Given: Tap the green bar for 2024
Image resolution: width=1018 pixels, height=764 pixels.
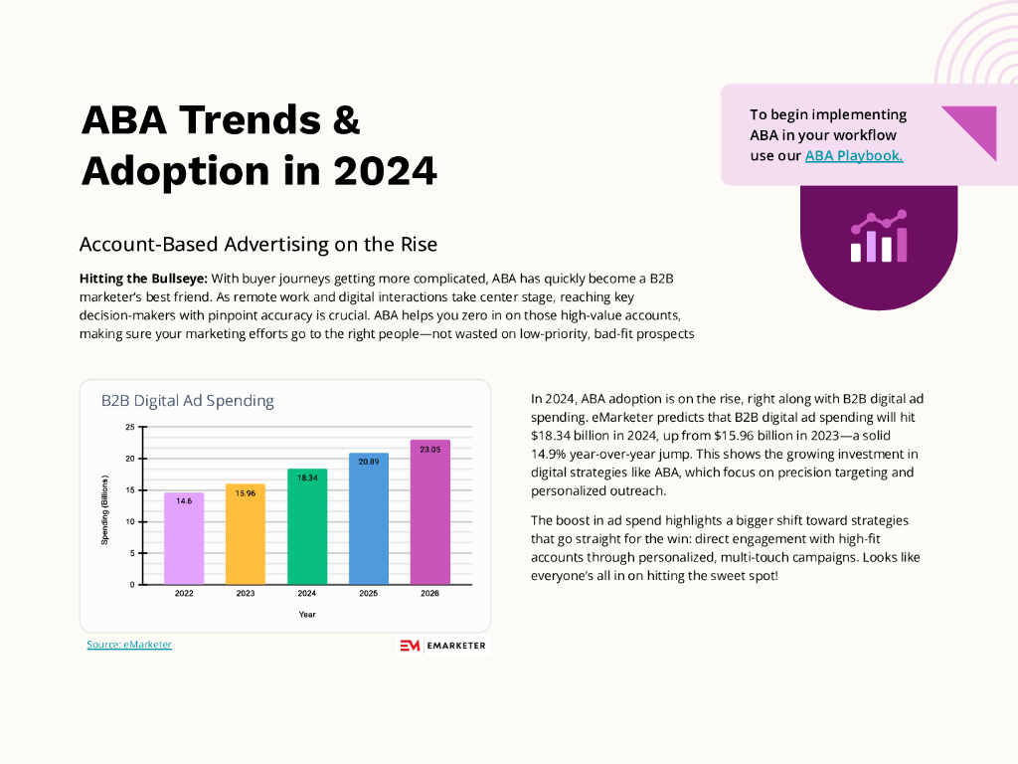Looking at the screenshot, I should [x=307, y=526].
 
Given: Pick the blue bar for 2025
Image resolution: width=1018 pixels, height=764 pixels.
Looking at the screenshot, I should [x=369, y=518].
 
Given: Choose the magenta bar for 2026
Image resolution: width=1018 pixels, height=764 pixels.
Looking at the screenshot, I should [x=430, y=511].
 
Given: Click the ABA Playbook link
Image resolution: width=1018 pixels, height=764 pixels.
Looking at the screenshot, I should [x=854, y=156].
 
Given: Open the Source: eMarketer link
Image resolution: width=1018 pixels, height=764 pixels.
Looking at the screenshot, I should [x=129, y=645].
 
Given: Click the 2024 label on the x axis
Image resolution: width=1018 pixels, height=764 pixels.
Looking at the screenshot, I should [x=307, y=594].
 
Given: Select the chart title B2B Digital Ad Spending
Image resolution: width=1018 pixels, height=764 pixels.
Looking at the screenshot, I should [x=188, y=401].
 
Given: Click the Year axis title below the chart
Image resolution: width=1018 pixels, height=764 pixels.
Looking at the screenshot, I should [x=307, y=615].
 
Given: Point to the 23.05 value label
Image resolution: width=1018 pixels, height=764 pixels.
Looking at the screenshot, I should [x=430, y=450].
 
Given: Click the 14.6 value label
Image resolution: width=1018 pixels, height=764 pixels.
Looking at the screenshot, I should [x=184, y=501].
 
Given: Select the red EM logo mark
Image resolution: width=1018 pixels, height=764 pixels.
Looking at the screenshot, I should [x=410, y=646].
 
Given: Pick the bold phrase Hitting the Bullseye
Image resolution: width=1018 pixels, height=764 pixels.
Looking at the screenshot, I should [x=142, y=278].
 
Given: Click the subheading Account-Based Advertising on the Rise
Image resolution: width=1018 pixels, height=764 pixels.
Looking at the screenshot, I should [x=258, y=244].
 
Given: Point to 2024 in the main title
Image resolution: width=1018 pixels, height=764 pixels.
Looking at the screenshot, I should [x=385, y=170].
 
